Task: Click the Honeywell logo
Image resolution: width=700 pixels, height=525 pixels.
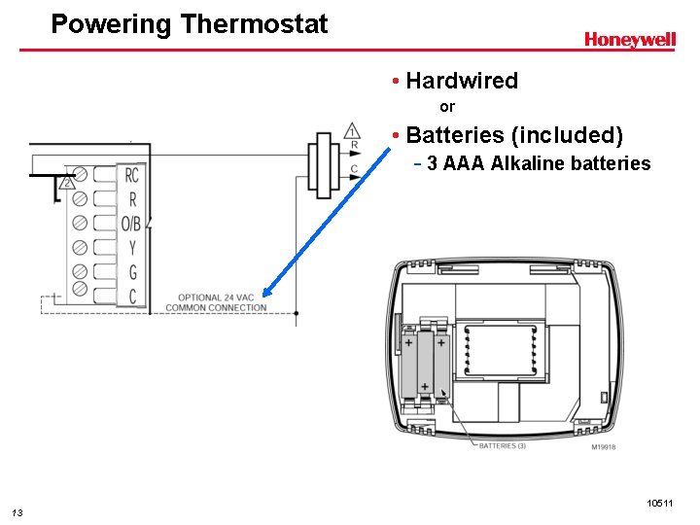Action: pyautogui.click(x=629, y=40)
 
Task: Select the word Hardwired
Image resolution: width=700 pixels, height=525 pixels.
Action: pyautogui.click(x=462, y=81)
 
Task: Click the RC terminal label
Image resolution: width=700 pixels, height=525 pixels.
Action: pyautogui.click(x=132, y=175)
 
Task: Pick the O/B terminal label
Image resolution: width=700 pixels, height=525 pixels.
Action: pyautogui.click(x=131, y=224)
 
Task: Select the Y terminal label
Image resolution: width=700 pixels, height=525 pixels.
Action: pyautogui.click(x=132, y=248)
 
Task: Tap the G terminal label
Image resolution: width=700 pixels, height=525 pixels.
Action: pyautogui.click(x=132, y=272)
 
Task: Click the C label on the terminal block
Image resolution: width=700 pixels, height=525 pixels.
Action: pyautogui.click(x=132, y=296)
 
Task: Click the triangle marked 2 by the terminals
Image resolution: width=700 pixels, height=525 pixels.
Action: pyautogui.click(x=67, y=183)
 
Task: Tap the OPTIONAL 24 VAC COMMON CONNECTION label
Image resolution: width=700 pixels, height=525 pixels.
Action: pyautogui.click(x=216, y=302)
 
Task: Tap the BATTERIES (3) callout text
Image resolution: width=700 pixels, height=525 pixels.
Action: pyautogui.click(x=503, y=446)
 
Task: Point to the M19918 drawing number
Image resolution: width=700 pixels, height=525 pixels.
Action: pyautogui.click(x=603, y=447)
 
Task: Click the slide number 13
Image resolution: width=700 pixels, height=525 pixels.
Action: pyautogui.click(x=17, y=512)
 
